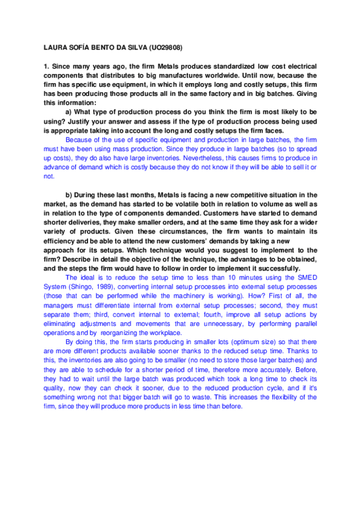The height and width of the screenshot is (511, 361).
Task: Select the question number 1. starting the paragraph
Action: [46, 66]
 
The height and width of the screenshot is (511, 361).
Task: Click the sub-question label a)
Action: [69, 113]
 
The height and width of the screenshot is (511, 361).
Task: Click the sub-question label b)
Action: [69, 195]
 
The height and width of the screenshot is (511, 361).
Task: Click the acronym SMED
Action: [307, 277]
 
